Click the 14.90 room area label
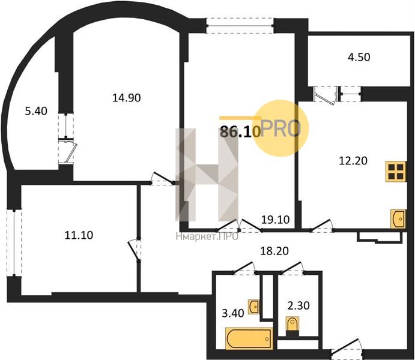127,98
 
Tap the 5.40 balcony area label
36,111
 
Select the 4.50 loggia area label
359,57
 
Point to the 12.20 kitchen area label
353,161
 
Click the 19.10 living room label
275,220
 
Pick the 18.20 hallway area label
274,251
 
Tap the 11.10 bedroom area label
79,235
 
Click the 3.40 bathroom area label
233,313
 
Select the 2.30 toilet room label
298,305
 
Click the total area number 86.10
240,132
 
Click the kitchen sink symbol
398,219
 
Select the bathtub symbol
249,338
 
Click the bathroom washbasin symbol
253,307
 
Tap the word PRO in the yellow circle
280,129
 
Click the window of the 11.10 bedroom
14,242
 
